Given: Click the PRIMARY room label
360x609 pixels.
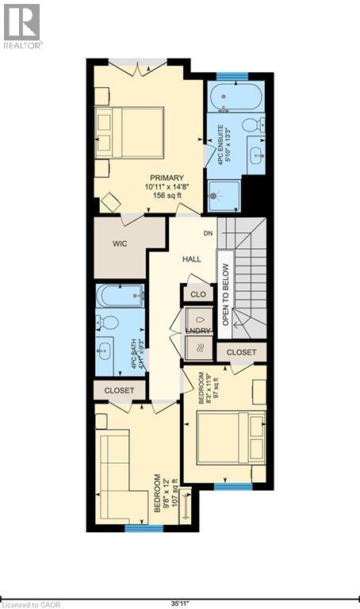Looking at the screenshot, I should pos(165,177).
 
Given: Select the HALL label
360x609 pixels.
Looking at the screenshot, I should pos(192,259).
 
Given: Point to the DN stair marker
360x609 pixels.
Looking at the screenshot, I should pos(208,233).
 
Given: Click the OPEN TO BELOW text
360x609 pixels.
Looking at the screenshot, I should pos(226,295).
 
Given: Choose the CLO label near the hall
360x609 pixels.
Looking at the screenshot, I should pos(198,294).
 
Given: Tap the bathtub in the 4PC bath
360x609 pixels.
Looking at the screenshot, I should pos(120,297).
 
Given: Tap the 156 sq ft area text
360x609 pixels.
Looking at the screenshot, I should pos(164,196).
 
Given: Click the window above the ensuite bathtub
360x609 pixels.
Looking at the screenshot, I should pos(233,77).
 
